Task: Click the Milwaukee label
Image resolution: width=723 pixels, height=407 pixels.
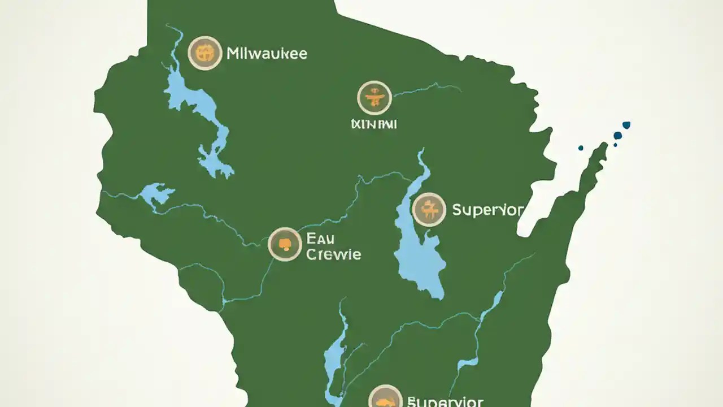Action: tap(267, 54)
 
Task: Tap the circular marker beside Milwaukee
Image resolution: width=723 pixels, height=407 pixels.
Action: tap(204, 53)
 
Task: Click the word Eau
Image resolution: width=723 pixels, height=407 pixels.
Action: tap(320, 238)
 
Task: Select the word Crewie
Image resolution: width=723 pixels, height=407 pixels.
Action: tap(333, 254)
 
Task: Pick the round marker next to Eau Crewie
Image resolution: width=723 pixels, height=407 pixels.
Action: tap(285, 244)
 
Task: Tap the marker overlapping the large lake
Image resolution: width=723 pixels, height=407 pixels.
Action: tap(429, 210)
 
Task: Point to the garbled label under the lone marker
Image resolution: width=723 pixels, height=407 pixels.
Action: tap(373, 123)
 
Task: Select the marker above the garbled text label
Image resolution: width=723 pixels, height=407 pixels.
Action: tap(374, 98)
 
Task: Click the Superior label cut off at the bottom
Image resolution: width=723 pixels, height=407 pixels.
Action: tap(445, 402)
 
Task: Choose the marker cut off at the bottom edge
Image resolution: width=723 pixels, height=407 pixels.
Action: tap(385, 397)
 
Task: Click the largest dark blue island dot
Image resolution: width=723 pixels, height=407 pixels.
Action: tap(617, 136)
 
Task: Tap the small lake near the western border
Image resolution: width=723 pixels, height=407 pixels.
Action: tap(155, 194)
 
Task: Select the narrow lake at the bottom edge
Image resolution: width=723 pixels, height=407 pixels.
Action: tap(334, 356)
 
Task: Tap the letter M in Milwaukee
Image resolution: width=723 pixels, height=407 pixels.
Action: tap(232, 54)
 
